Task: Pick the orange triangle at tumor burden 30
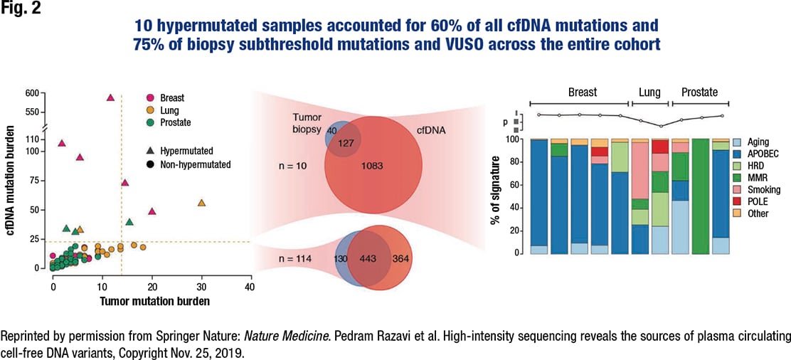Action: (201, 203)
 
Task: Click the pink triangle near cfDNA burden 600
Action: (110, 97)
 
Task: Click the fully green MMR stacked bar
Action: (701, 196)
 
